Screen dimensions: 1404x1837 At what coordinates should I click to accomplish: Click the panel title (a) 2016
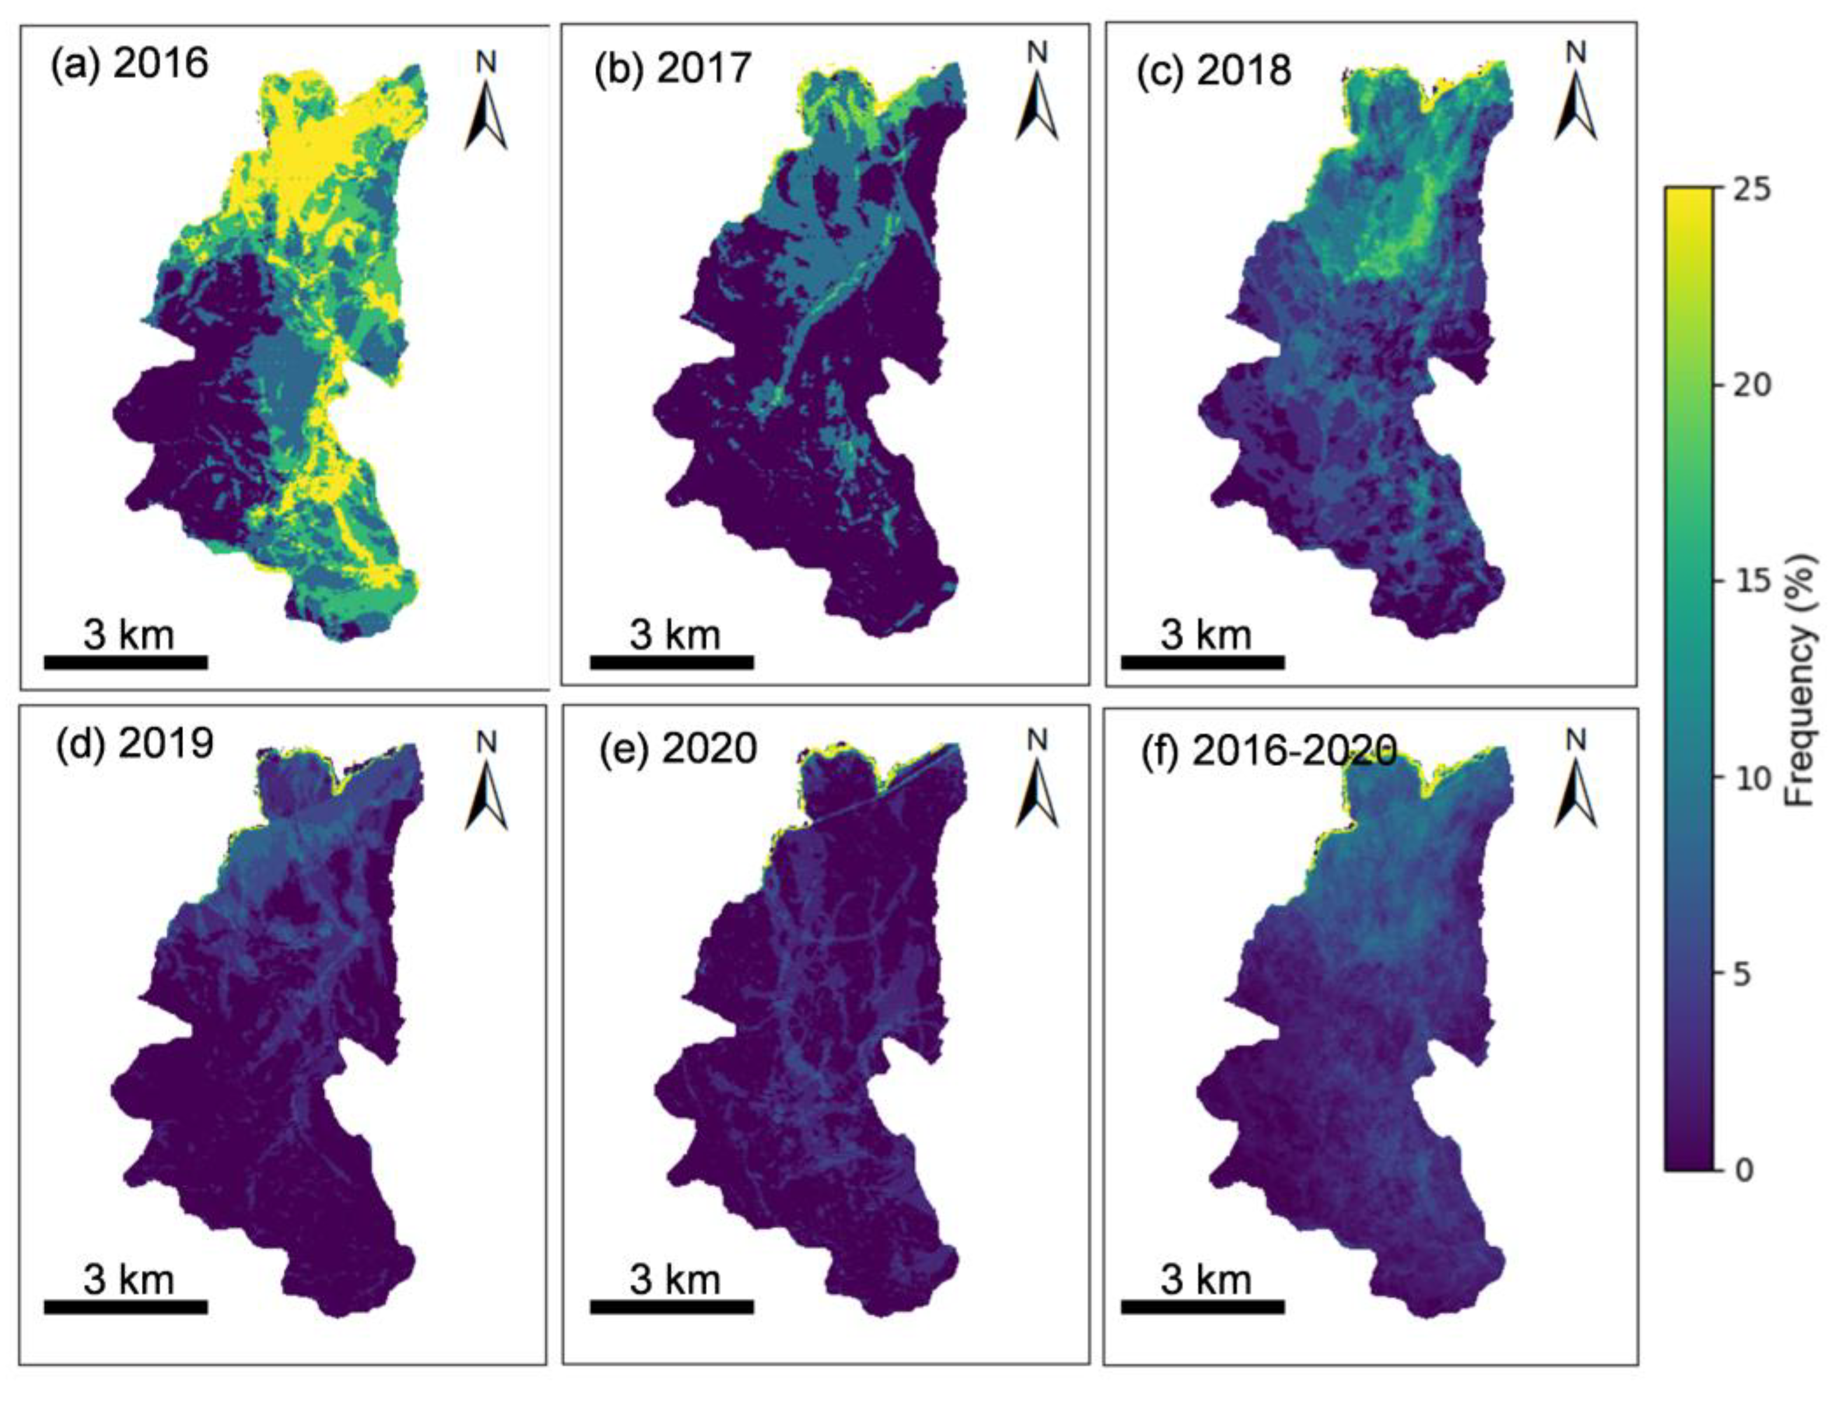click(129, 64)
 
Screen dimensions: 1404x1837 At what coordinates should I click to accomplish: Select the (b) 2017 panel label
click(673, 68)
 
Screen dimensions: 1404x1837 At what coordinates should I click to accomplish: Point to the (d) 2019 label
click(134, 743)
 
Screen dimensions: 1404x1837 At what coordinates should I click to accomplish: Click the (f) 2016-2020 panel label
click(1269, 751)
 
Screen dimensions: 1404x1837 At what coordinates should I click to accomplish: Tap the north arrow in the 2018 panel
click(1576, 100)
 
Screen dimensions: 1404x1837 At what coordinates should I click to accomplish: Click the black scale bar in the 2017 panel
click(672, 662)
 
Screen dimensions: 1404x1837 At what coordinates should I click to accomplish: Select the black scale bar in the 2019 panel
click(125, 1306)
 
